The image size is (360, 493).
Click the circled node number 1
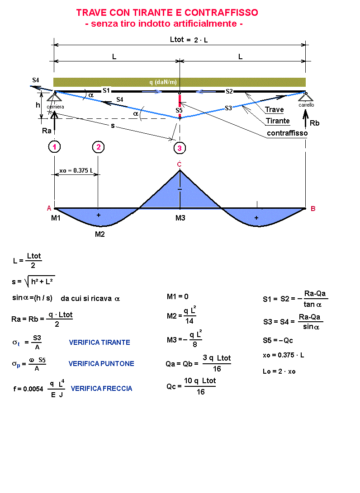click(54, 147)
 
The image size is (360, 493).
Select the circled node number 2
click(99, 147)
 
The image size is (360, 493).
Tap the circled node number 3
click(180, 148)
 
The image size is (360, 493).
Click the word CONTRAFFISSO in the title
click(221, 13)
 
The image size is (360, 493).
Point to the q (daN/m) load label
click(163, 82)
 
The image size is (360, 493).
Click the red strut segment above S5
click(180, 101)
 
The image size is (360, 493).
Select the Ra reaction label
click(47, 131)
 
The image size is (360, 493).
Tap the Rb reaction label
click(314, 123)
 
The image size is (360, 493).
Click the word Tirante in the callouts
click(278, 121)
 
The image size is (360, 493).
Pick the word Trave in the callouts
click(275, 109)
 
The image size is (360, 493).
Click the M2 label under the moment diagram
click(100, 234)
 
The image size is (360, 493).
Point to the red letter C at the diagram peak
click(180, 164)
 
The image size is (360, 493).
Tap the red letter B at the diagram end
click(313, 209)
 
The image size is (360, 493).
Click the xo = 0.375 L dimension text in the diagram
click(76, 170)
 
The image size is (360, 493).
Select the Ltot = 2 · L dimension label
click(189, 40)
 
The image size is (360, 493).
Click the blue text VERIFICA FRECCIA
click(101, 389)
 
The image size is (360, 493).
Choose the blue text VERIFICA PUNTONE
click(101, 364)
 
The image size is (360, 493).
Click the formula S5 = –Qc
click(278, 341)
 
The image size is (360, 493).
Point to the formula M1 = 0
click(177, 296)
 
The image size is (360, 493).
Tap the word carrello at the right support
click(306, 105)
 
